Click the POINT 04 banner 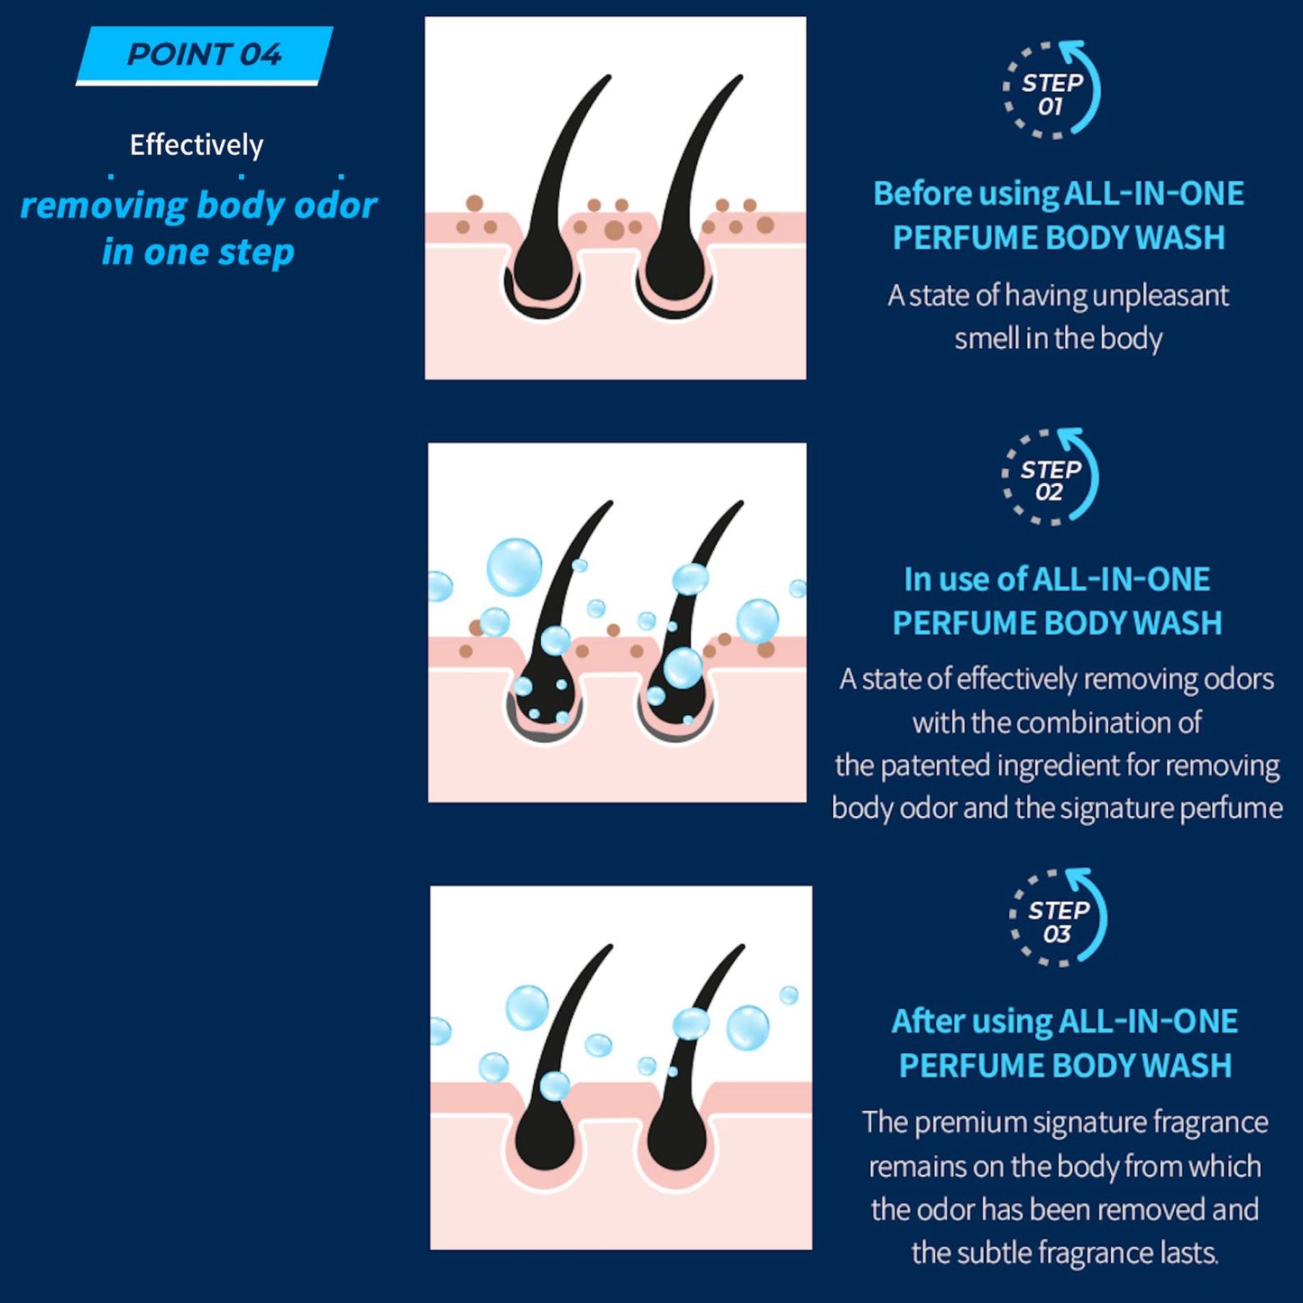(x=204, y=55)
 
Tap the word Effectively (x=197, y=144)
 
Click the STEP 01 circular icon (x=1051, y=90)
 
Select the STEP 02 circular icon (x=1051, y=477)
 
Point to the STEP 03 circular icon (x=1058, y=918)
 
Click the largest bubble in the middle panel (x=514, y=567)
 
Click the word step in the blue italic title (x=255, y=252)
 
